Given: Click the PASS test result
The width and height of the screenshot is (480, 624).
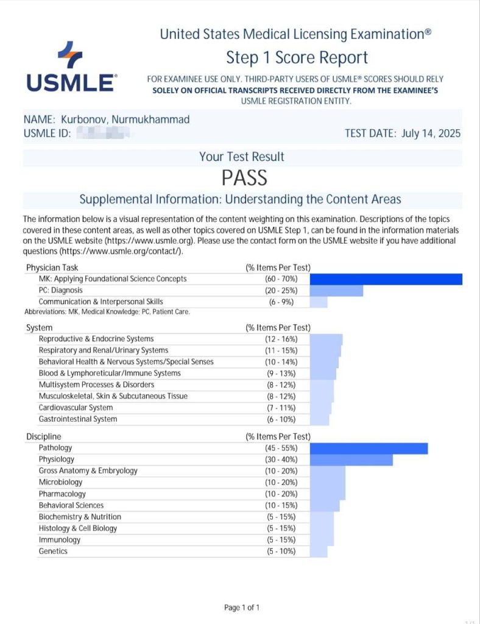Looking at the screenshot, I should point(244,177).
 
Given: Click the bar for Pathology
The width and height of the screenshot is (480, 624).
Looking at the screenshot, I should point(369,448).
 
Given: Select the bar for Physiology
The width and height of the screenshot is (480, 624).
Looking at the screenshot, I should point(351,459).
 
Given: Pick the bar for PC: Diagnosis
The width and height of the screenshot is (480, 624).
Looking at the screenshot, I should point(336,291).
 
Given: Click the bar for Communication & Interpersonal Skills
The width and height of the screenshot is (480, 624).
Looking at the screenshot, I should point(319,302).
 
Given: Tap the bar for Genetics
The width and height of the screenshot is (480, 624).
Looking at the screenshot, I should point(319,551).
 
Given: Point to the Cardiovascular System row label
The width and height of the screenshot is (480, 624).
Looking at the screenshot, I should point(76,408).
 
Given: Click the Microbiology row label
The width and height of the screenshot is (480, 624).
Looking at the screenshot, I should point(61,482).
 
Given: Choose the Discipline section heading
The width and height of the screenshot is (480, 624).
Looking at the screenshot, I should point(44,436).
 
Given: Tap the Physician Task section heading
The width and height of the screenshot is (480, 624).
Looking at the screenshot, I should point(52,268).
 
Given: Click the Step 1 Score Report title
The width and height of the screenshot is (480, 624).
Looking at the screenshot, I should point(297,58).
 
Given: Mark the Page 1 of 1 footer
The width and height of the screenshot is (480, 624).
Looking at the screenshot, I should point(242,608).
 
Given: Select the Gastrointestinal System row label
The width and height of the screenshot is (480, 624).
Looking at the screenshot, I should point(78,419).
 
